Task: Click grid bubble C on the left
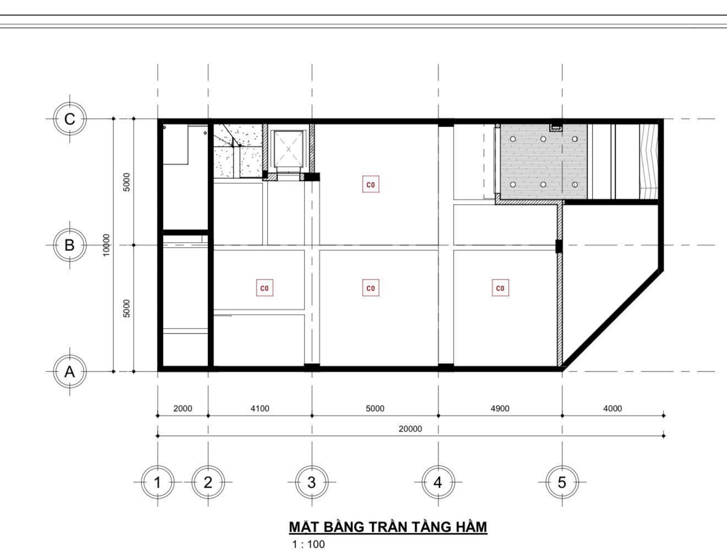pyautogui.click(x=70, y=119)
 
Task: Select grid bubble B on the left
pyautogui.click(x=70, y=245)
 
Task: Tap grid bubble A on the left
pyautogui.click(x=70, y=372)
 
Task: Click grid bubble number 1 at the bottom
pyautogui.click(x=158, y=483)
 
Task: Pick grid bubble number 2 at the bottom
pyautogui.click(x=208, y=483)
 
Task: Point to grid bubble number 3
pyautogui.click(x=312, y=483)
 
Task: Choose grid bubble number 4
pyautogui.click(x=438, y=483)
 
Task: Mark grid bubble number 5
pyautogui.click(x=562, y=483)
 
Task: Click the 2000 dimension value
pyautogui.click(x=183, y=408)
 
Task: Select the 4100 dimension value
pyautogui.click(x=260, y=408)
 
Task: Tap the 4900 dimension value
pyautogui.click(x=500, y=408)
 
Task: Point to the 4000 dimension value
pyautogui.click(x=612, y=408)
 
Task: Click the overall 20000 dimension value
pyautogui.click(x=410, y=429)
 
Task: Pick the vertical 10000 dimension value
pyautogui.click(x=106, y=245)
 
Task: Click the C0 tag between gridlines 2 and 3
pyautogui.click(x=265, y=288)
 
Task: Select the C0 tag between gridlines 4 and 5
pyautogui.click(x=500, y=288)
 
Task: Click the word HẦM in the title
pyautogui.click(x=468, y=527)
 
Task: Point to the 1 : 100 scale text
pyautogui.click(x=308, y=544)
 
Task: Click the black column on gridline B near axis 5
pyautogui.click(x=558, y=246)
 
